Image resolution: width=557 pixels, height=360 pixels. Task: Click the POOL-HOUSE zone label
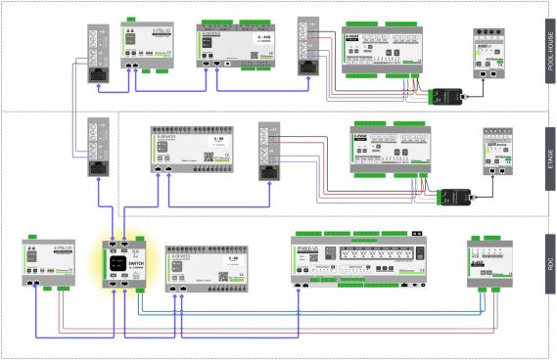pyautogui.click(x=550, y=57)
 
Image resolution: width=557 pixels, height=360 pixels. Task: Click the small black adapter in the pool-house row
pyautogui.click(x=448, y=95)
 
